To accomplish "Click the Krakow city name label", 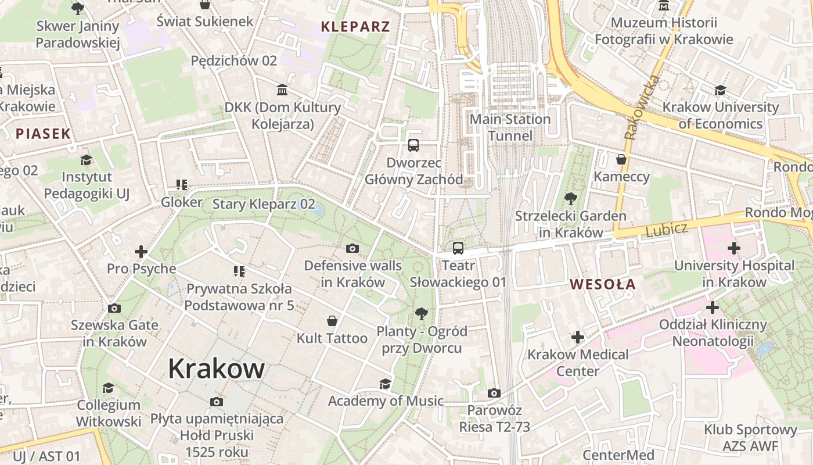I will pos(216,369).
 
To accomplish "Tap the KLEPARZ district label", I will pos(355,26).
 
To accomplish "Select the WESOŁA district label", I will pos(603,284).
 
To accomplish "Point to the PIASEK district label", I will pos(43,134).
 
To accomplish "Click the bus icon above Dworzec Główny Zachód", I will pos(413,145).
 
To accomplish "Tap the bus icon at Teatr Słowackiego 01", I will pos(458,248).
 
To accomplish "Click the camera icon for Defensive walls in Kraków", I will pos(352,249).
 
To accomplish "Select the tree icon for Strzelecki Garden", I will pos(571,199).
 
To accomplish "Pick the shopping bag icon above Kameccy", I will pos(621,159).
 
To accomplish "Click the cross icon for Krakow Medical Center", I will pos(578,337).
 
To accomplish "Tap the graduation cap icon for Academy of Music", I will pos(385,384).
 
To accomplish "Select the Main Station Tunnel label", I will pos(510,127).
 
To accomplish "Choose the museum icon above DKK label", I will pos(283,90).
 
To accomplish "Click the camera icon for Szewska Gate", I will pos(114,308).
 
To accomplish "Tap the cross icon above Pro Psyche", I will pos(141,252).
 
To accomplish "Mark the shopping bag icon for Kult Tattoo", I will pos(332,321).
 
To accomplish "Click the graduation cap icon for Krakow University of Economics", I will pos(720,90).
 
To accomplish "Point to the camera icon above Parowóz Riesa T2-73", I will pos(494,394).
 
